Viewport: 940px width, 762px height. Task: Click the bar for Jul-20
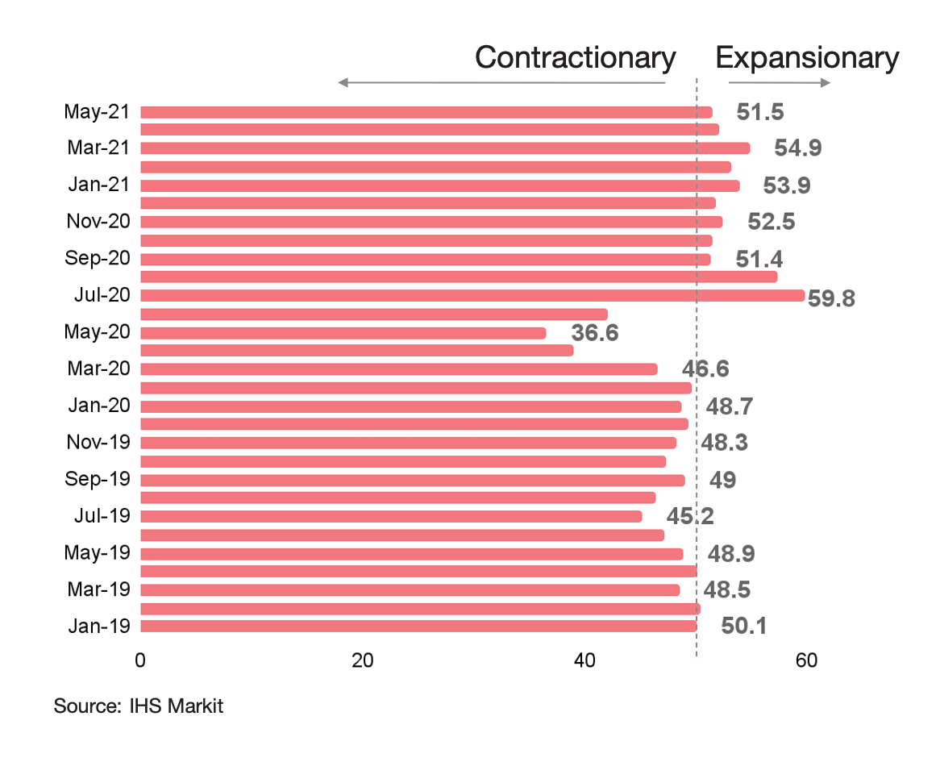tap(472, 295)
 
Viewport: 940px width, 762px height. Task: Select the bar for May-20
tap(343, 333)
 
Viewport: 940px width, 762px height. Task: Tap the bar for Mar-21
tap(445, 148)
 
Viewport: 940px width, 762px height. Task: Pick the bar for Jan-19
tap(419, 626)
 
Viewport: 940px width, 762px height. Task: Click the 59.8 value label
tap(831, 298)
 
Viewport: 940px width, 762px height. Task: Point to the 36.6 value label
tap(595, 332)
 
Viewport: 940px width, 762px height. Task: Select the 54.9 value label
tap(798, 148)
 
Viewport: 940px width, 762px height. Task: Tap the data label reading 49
tap(722, 480)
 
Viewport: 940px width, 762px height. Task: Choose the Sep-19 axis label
tap(97, 480)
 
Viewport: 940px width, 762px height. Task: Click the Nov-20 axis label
tap(97, 222)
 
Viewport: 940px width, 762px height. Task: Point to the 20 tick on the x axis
tap(363, 660)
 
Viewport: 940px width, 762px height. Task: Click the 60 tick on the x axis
tap(806, 660)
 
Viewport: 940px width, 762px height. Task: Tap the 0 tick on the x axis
tap(141, 660)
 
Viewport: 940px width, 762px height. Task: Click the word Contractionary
tap(575, 58)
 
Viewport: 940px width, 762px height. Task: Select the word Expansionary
tap(807, 58)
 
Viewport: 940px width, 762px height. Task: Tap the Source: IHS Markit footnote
tap(138, 706)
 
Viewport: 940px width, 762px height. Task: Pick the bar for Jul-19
tap(392, 516)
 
